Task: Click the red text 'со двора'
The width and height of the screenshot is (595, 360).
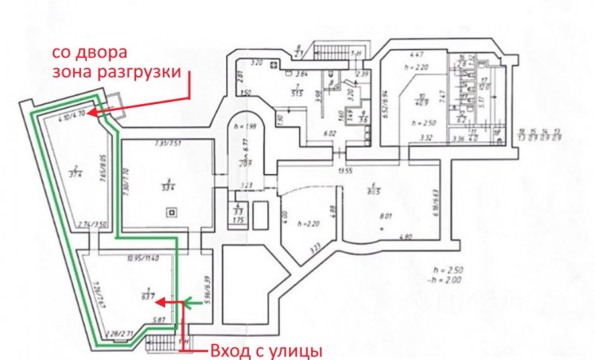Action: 89,54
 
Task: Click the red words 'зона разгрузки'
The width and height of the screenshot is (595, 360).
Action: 118,72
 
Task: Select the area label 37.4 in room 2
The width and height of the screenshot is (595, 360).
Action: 74,172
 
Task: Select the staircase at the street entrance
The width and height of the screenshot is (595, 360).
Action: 162,341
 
